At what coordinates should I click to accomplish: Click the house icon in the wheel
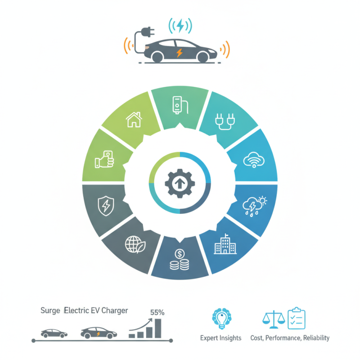[134, 119]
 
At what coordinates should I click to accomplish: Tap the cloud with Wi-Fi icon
[254, 160]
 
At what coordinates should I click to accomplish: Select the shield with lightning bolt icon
[106, 206]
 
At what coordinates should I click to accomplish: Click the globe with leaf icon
[135, 244]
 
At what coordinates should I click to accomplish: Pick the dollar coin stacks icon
[180, 260]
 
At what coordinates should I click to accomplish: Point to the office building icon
[225, 244]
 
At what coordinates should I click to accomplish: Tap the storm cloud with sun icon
[254, 206]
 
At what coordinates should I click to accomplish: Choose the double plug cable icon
[225, 121]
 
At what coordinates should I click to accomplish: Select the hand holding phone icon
[104, 159]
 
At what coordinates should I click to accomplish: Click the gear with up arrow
[180, 183]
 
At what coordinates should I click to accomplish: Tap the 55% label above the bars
[157, 312]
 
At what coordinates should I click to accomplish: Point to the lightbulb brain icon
[221, 319]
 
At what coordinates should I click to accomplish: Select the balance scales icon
[274, 319]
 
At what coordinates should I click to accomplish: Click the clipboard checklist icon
[297, 318]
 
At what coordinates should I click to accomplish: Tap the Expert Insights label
[220, 338]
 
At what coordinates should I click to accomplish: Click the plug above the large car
[148, 32]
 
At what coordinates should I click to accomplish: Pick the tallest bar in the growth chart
[158, 328]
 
